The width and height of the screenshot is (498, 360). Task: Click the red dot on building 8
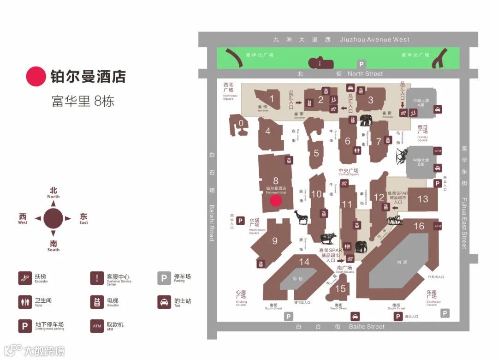point(276,200)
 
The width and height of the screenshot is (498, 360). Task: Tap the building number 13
point(423,199)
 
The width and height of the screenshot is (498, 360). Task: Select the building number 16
point(419,226)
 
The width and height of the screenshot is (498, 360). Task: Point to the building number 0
point(241,123)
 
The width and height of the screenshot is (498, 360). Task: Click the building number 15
point(340,289)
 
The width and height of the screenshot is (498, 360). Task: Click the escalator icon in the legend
point(25,278)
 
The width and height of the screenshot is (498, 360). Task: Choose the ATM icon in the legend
point(97,326)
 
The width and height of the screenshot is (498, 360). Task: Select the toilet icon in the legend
point(25,302)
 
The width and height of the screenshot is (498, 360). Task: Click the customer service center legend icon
point(97,278)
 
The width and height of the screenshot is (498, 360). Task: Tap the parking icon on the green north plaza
point(362,65)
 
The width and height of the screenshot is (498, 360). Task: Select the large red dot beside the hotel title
point(36,77)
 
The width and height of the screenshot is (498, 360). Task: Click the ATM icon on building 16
point(437,226)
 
